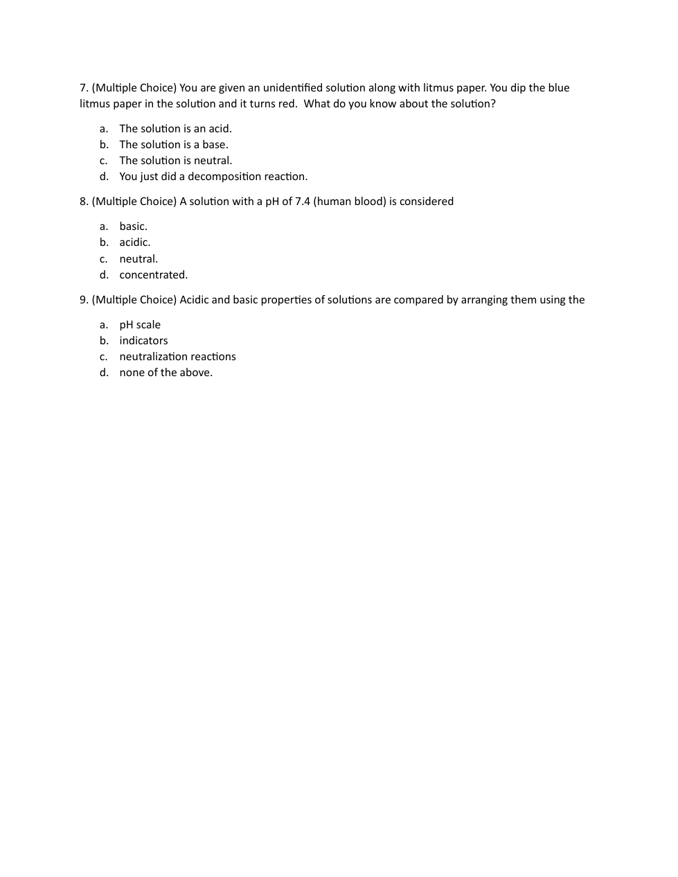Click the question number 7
click(84, 88)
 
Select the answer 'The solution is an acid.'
click(175, 129)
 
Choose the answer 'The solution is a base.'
click(173, 145)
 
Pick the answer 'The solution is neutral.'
click(175, 161)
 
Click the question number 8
click(84, 202)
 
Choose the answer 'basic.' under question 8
click(133, 227)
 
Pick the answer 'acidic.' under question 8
click(134, 242)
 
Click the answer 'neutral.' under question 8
click(139, 259)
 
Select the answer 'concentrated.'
click(153, 275)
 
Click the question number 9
click(84, 300)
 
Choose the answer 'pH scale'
click(139, 325)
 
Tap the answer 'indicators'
click(143, 341)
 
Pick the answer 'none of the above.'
click(166, 373)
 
